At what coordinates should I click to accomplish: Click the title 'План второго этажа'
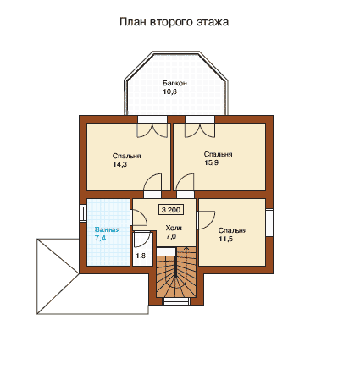[x=174, y=22]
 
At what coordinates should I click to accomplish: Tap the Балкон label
[x=174, y=83]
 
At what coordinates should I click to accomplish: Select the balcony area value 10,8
[x=170, y=91]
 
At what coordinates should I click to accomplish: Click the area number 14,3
[x=120, y=164]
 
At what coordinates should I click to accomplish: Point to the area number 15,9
[x=212, y=162]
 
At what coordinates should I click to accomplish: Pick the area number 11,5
[x=226, y=239]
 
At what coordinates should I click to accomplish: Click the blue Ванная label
[x=108, y=229]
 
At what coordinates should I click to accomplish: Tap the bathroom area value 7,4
[x=101, y=238]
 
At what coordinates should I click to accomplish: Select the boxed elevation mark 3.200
[x=171, y=210]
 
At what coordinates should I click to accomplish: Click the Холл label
[x=174, y=228]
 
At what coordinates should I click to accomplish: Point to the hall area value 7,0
[x=171, y=236]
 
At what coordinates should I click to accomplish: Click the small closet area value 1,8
[x=141, y=256]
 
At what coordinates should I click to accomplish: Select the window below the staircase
[x=176, y=301]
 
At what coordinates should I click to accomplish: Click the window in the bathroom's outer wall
[x=82, y=212]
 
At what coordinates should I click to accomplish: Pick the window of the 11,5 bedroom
[x=269, y=222]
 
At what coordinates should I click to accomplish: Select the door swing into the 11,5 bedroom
[x=206, y=219]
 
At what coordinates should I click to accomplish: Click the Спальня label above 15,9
[x=219, y=154]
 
